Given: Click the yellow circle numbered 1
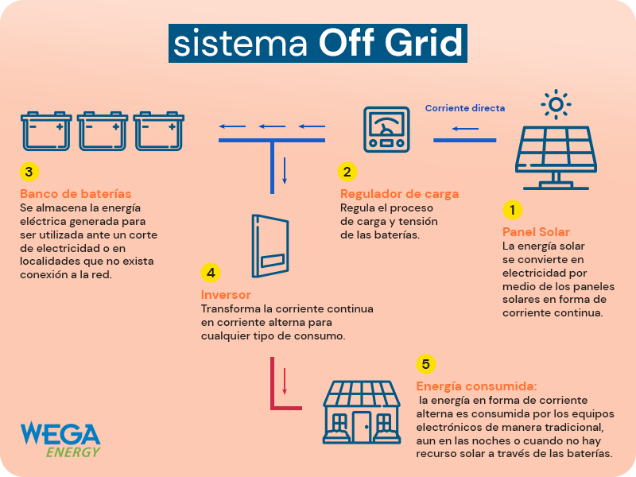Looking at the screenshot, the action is point(512,210).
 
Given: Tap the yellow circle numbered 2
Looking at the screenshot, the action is point(347,172).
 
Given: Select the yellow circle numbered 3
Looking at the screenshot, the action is point(29,172).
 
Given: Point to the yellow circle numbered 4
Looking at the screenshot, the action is point(211,273).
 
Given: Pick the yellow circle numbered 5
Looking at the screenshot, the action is point(426,364).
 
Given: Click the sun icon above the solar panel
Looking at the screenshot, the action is point(556,104).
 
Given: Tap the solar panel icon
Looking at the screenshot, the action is point(556,157).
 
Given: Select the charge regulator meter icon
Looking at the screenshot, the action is point(386,130).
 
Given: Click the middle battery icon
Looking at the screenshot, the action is point(103,131).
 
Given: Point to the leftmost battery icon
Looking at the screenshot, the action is point(46,131).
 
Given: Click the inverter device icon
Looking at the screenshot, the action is point(270,246).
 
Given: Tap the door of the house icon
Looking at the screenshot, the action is point(362,427).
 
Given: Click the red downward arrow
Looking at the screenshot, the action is point(285,382).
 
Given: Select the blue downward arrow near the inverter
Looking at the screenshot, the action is point(285,171).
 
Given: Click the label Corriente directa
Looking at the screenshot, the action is point(465,108).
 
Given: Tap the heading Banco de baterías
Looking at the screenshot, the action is point(76,194).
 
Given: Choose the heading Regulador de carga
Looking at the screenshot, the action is point(400,194).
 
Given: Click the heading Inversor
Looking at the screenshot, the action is point(226,295).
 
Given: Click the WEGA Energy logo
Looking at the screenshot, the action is point(60,440).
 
